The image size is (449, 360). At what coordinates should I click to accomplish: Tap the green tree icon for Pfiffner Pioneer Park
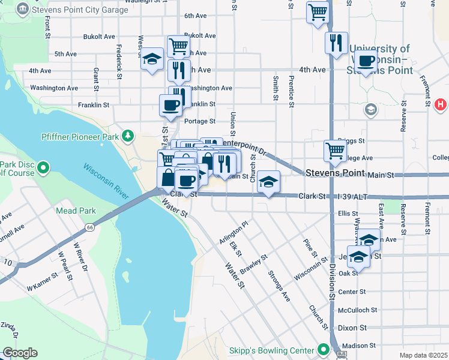(127, 137)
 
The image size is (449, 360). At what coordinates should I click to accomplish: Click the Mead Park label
(76, 211)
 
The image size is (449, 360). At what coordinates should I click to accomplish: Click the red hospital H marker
(440, 104)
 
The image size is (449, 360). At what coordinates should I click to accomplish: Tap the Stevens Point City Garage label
(80, 10)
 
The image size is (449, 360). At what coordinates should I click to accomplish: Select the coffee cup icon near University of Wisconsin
(366, 61)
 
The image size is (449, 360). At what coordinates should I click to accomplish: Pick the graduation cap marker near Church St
(268, 182)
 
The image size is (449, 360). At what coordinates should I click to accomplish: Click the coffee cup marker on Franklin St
(171, 105)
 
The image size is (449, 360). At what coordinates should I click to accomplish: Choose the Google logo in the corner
(20, 353)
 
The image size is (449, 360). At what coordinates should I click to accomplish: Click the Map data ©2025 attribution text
(423, 355)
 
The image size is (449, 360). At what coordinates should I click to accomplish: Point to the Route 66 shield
(89, 227)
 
